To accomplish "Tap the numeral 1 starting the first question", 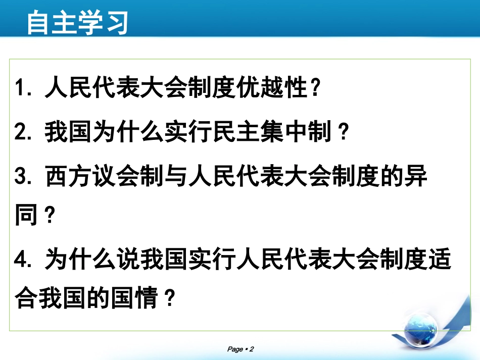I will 21,90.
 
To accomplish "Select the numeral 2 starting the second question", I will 21,134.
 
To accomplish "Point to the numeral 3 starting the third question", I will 21,178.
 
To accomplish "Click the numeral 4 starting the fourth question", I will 21,260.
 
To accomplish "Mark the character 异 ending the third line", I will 417,178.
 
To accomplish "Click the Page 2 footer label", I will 240,349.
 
